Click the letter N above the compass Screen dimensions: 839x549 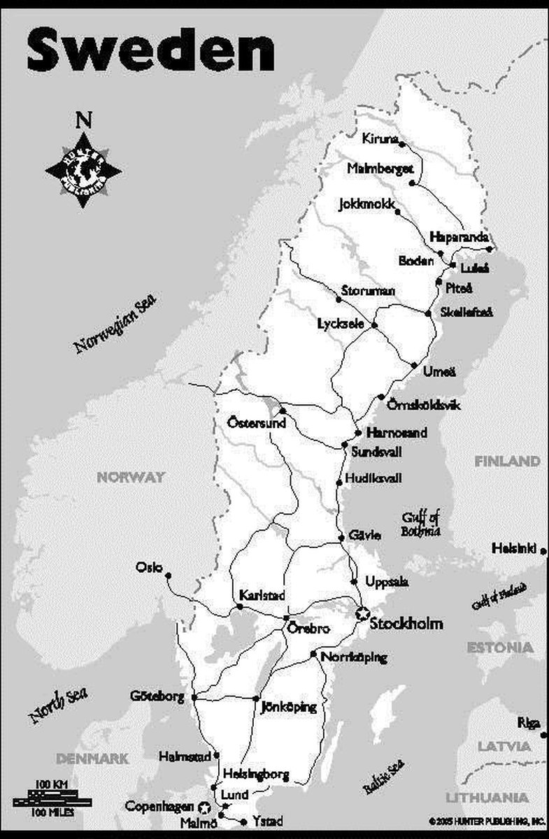[83, 121]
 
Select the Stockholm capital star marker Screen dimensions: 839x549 [362, 614]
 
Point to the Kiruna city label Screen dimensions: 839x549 [380, 138]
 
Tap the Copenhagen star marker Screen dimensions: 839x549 [204, 807]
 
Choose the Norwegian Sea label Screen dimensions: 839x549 [115, 324]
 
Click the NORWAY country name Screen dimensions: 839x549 [130, 478]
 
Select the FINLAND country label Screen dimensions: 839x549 [507, 461]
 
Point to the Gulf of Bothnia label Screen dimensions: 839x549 [420, 524]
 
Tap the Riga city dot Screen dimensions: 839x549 [543, 733]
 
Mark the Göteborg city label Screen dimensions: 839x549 [157, 696]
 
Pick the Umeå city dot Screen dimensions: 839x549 [415, 365]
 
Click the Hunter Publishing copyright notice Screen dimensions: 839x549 [487, 819]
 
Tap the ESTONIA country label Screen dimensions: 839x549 [500, 647]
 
